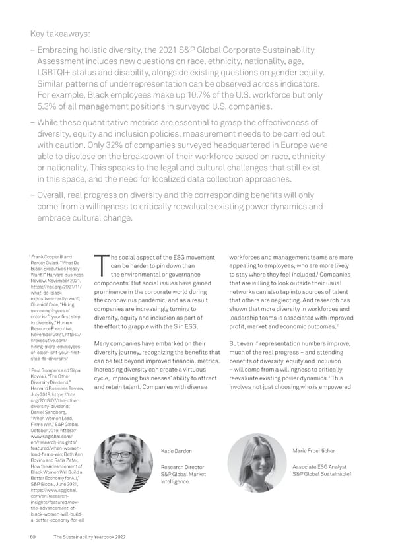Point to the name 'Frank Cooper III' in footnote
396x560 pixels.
tap(55, 256)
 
